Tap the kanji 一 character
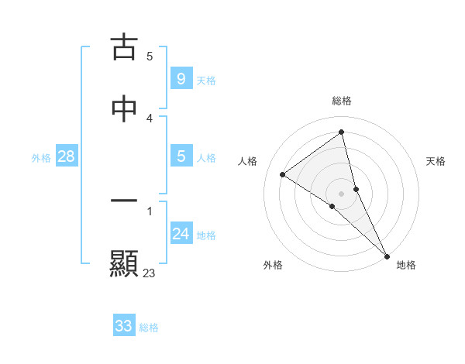pyautogui.click(x=124, y=201)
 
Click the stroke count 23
pyautogui.click(x=150, y=273)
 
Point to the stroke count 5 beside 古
pyautogui.click(x=150, y=56)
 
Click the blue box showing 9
pyautogui.click(x=181, y=78)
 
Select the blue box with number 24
pyautogui.click(x=181, y=233)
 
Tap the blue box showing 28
pyautogui.click(x=66, y=156)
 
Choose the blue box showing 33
pyautogui.click(x=124, y=326)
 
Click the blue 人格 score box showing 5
pyautogui.click(x=181, y=156)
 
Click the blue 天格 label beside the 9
pyautogui.click(x=206, y=81)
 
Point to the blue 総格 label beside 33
pyautogui.click(x=149, y=328)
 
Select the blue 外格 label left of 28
pyautogui.click(x=41, y=158)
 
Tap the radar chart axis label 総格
pyautogui.click(x=342, y=101)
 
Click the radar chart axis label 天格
pyautogui.click(x=436, y=161)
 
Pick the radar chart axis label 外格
pyautogui.click(x=273, y=265)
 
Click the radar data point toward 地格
pyautogui.click(x=387, y=256)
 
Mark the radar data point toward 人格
pyautogui.click(x=282, y=174)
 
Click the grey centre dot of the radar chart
pyautogui.click(x=342, y=193)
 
